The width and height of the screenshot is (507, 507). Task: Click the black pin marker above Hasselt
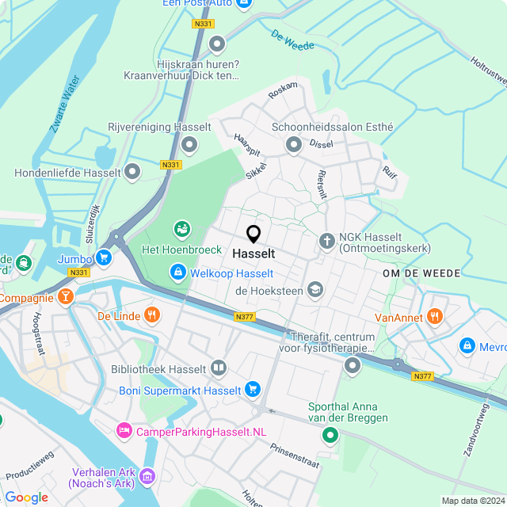(253, 234)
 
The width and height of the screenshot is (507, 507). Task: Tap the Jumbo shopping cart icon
(103, 257)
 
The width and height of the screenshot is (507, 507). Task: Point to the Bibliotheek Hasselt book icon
(219, 368)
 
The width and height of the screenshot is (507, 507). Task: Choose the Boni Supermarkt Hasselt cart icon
(253, 389)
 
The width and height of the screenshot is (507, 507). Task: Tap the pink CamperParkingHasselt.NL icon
(124, 431)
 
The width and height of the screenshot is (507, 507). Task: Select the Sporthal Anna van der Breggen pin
(330, 435)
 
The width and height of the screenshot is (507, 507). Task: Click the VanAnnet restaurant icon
(434, 317)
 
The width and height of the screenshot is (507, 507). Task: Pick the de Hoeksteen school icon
(315, 290)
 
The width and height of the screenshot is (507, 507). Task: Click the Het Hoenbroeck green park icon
(181, 229)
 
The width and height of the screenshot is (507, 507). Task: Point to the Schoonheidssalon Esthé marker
(294, 144)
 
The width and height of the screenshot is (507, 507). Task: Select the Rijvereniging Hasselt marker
(189, 145)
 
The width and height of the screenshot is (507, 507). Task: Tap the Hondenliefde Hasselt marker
(132, 172)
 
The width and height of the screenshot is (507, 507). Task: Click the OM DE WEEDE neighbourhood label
(421, 273)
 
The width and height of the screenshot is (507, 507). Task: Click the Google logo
(26, 497)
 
